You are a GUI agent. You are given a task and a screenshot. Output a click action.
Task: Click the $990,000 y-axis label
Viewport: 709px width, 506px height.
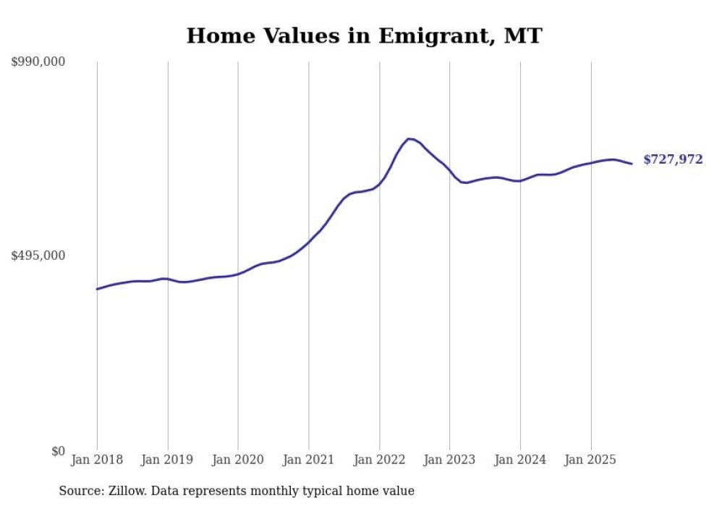click(38, 62)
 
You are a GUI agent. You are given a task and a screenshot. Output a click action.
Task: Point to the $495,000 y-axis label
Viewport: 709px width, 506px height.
click(38, 256)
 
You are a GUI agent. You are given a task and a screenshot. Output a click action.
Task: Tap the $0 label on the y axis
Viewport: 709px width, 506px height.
click(58, 452)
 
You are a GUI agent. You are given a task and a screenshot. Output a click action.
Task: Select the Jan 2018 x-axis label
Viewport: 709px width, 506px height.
click(97, 460)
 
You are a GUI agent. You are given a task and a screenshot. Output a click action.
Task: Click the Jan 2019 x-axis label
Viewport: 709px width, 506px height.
click(167, 460)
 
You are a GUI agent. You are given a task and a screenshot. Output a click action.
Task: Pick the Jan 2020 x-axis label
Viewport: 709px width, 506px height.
click(238, 460)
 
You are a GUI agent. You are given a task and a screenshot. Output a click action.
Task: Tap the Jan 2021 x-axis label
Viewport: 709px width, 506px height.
click(309, 460)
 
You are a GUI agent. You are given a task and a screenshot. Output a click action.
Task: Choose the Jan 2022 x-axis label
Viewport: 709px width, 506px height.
click(379, 460)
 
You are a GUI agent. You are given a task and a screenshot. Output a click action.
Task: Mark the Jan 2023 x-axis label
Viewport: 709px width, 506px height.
click(450, 460)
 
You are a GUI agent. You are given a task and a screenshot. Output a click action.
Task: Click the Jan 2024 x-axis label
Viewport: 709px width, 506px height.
click(520, 460)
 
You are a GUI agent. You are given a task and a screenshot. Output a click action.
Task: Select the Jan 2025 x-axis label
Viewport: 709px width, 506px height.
click(591, 460)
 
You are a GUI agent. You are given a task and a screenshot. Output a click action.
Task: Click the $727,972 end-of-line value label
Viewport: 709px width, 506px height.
click(673, 160)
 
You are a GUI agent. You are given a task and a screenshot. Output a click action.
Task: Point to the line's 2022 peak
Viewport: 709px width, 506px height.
click(409, 138)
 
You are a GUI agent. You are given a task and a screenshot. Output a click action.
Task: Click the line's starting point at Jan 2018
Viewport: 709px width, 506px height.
click(97, 289)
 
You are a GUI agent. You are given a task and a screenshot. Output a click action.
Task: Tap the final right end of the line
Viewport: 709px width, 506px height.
click(632, 164)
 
